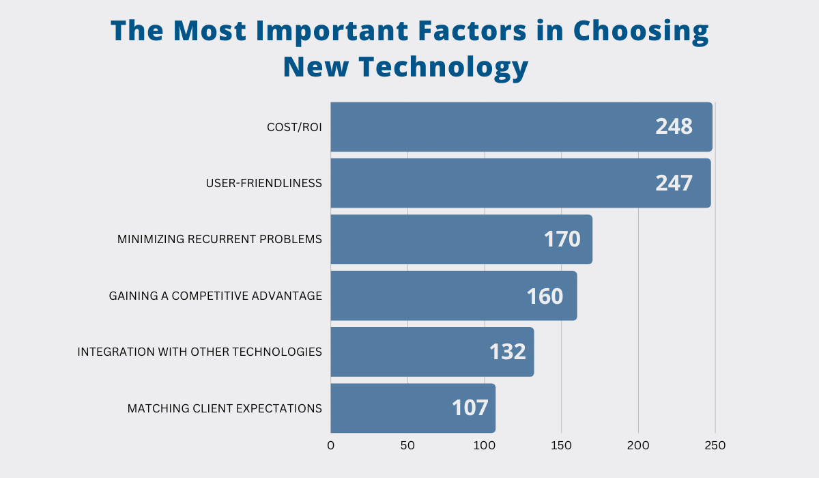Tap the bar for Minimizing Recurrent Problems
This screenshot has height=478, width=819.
(437, 240)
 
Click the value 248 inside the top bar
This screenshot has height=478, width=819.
(674, 126)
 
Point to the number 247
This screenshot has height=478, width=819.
(674, 183)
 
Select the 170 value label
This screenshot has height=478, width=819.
(562, 240)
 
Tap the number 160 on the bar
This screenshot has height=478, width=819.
(545, 296)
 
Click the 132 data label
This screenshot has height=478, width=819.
(507, 352)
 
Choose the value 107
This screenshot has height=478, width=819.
(470, 408)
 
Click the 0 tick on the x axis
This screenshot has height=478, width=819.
(331, 446)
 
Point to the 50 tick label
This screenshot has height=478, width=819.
(407, 446)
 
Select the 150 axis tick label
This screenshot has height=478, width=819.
(561, 446)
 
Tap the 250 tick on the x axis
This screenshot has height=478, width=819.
(715, 446)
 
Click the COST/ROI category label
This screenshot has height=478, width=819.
(294, 127)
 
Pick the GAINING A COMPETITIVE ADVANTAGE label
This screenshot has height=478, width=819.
(215, 296)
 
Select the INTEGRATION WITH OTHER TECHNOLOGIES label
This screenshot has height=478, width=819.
(199, 352)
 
